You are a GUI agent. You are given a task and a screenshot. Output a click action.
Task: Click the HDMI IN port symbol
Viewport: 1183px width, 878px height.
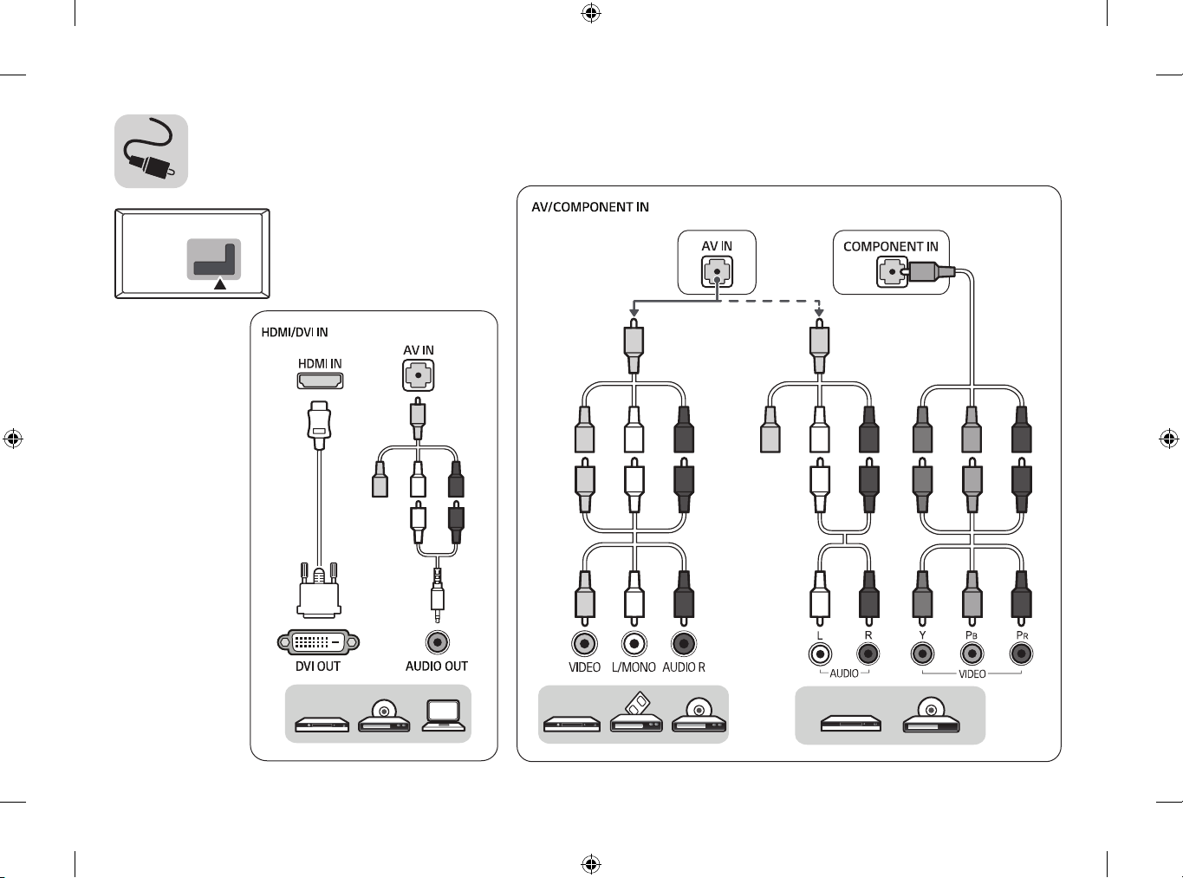(320, 380)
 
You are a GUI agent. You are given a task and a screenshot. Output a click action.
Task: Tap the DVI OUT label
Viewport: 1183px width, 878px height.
(318, 667)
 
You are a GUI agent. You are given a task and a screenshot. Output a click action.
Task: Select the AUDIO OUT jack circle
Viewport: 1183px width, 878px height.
(438, 642)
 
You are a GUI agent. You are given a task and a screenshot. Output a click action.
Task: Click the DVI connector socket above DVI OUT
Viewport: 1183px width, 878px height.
(318, 641)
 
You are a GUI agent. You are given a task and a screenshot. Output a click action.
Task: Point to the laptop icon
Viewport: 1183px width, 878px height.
(444, 716)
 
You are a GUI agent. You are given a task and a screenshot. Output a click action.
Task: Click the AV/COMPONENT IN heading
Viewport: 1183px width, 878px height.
(590, 207)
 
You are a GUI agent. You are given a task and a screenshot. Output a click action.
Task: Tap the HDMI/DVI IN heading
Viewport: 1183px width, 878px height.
(295, 332)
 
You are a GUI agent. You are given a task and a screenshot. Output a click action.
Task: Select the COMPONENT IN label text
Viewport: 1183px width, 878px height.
(891, 246)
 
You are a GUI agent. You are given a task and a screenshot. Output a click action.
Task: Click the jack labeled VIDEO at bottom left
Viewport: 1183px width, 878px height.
(584, 643)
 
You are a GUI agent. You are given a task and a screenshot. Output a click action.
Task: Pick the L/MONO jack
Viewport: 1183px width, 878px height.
(634, 643)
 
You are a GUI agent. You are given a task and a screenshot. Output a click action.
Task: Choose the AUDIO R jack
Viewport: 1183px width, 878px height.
(683, 643)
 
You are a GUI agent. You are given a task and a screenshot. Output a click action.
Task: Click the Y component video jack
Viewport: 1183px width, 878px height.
(922, 654)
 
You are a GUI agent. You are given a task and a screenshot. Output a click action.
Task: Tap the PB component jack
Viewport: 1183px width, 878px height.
(972, 654)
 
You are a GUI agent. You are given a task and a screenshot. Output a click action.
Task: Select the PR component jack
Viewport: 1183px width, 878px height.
(1022, 654)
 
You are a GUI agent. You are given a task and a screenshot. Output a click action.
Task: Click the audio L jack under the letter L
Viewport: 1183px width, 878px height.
(820, 654)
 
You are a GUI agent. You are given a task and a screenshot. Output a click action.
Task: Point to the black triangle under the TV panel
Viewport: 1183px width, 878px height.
(220, 285)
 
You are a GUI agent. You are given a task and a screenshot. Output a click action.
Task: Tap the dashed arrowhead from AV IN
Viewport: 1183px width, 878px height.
(819, 312)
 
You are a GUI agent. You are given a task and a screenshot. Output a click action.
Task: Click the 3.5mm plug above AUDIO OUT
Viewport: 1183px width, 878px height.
(438, 595)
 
